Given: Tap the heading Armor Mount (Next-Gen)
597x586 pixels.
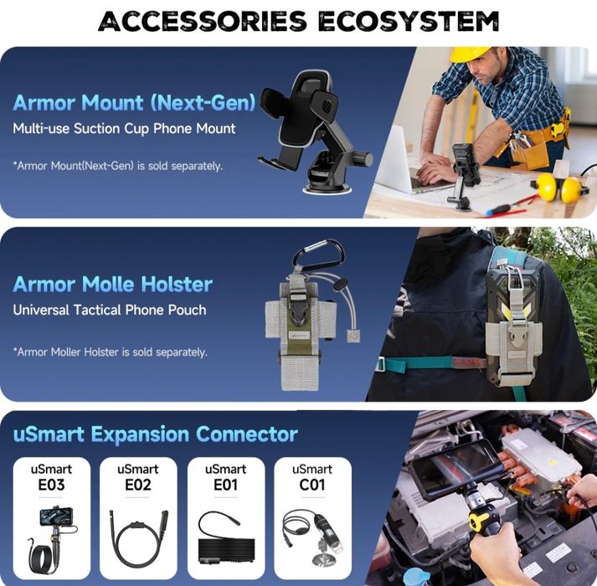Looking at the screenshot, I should point(135,103).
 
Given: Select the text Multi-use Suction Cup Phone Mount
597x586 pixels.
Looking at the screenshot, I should point(124,129).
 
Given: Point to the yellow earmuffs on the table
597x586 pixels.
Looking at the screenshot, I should point(558,189).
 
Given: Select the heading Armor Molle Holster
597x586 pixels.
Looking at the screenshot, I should point(112,284).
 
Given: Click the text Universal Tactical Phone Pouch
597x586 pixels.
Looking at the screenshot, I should point(110,310).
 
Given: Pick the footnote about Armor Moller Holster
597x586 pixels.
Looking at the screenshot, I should point(110,352).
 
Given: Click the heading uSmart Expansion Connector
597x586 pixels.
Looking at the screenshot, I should point(156,434).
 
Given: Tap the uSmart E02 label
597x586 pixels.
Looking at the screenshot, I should point(138,477).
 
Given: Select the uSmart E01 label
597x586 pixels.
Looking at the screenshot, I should point(225,477).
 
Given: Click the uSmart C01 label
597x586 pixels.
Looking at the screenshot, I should point(312,477).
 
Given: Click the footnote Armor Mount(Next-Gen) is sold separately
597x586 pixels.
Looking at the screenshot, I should point(118,166).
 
